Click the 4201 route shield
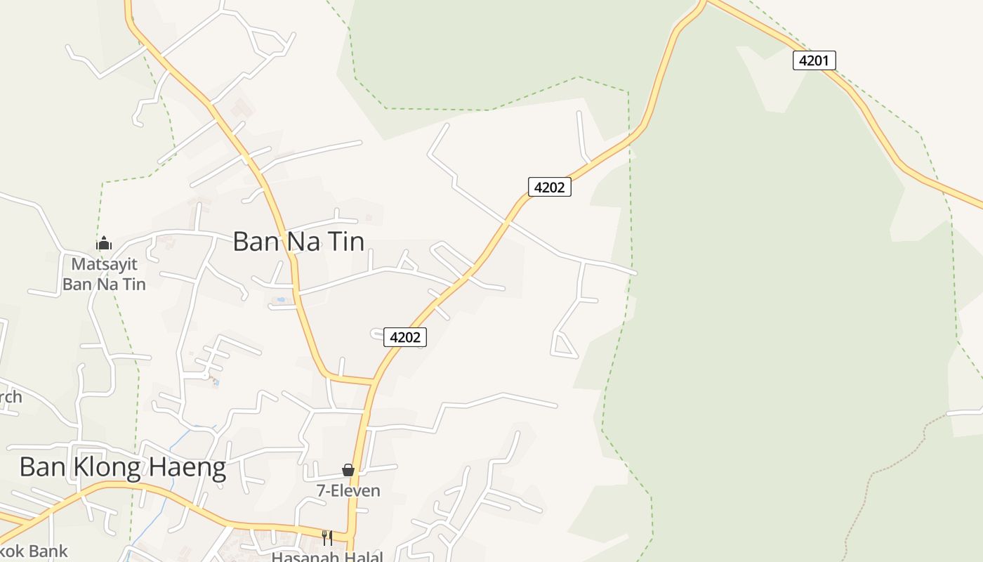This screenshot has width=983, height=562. coord(814,60)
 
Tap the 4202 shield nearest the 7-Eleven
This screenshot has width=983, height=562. coord(405,337)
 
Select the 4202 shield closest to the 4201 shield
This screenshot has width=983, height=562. coord(549,187)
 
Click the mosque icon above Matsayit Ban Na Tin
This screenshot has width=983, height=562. coord(104,244)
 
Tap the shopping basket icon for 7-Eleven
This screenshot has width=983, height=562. coord(348,470)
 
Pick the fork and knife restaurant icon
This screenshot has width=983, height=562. coord(326,538)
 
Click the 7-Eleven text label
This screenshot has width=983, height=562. coord(348,490)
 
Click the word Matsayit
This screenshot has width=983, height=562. coord(104,265)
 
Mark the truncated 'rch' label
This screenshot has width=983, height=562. coord(11,397)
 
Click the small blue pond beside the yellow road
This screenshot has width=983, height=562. coord(281,300)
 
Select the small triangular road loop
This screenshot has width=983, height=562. coord(563,346)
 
